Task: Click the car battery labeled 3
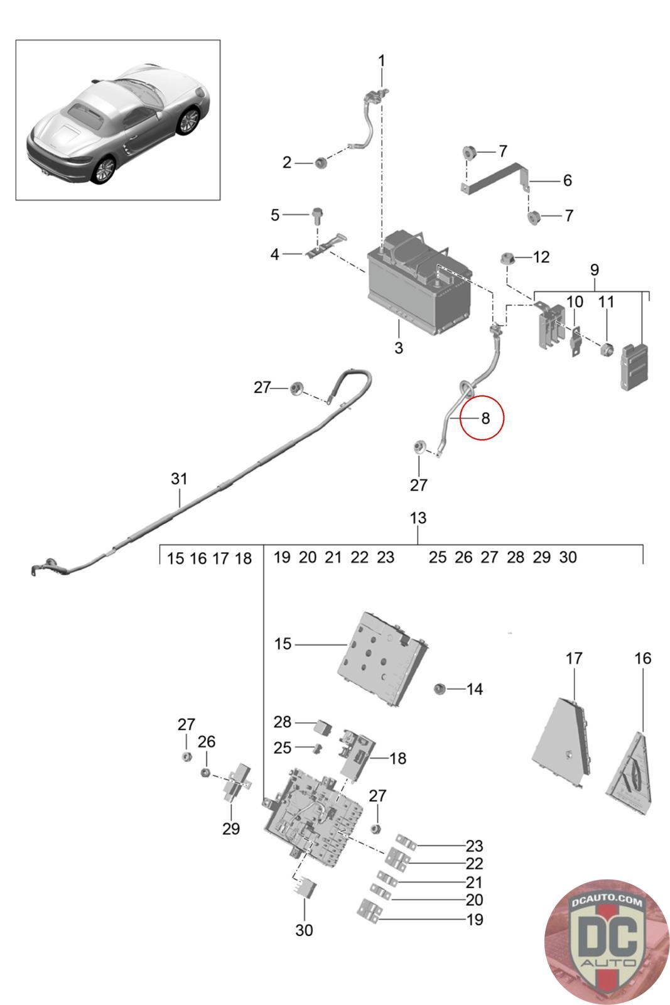(x=419, y=283)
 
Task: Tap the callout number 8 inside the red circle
(x=485, y=418)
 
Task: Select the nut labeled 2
(x=320, y=163)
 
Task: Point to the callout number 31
(x=179, y=479)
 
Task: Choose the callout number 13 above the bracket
(x=418, y=518)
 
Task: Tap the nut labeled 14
(x=439, y=688)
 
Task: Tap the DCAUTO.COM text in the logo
(x=607, y=901)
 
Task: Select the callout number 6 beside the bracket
(x=567, y=180)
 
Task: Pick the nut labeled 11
(x=607, y=348)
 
